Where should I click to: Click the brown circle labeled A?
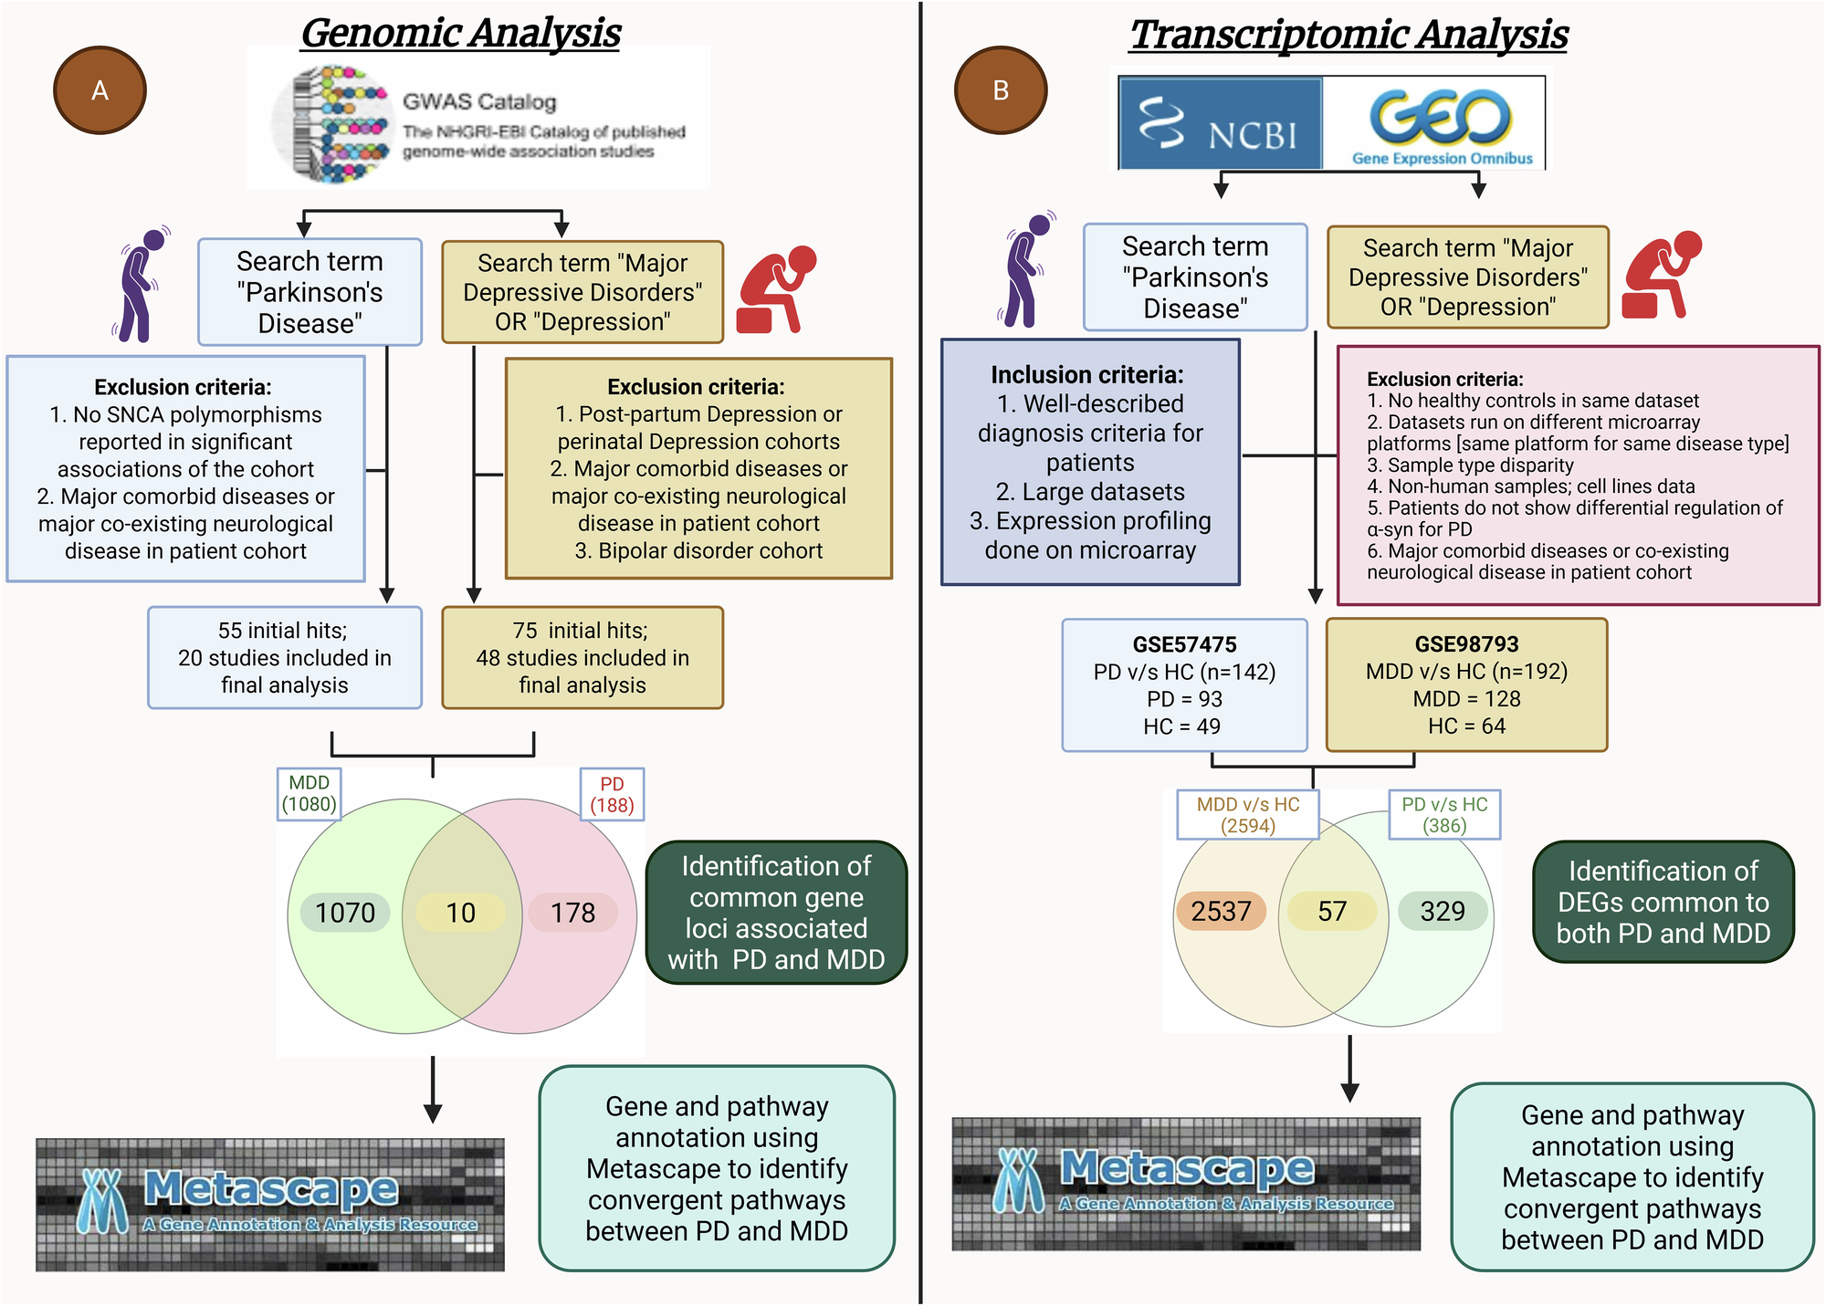[x=100, y=90]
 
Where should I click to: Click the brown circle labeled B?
[x=1000, y=90]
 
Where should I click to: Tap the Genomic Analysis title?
[x=461, y=33]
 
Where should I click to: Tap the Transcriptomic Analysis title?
[x=1349, y=35]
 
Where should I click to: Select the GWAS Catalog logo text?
[x=480, y=101]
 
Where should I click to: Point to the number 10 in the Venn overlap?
[x=460, y=913]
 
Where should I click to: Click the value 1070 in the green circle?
[x=345, y=913]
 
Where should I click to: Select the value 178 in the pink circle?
[x=572, y=913]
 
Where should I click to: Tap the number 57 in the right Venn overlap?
[x=1332, y=911]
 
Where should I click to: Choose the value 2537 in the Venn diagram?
[x=1221, y=911]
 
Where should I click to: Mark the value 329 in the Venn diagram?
[x=1443, y=911]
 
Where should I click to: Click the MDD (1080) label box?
[x=309, y=794]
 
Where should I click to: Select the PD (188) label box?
[x=612, y=795]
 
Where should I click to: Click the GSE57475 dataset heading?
[x=1184, y=644]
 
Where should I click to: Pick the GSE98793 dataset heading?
[x=1466, y=644]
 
